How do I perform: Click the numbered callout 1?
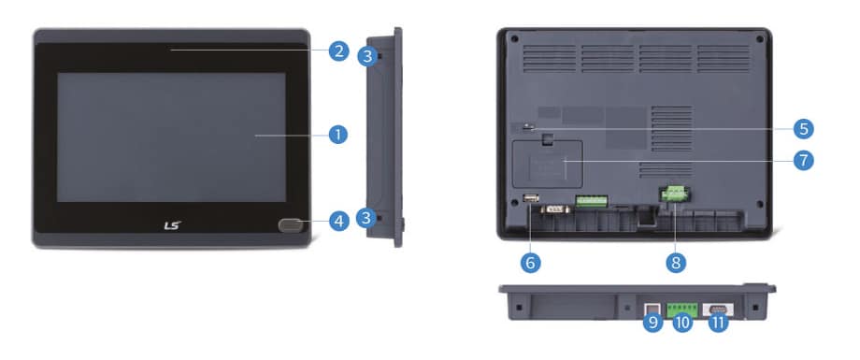(338, 134)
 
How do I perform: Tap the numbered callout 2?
(339, 51)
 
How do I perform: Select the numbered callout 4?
(339, 222)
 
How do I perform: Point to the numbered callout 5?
(804, 130)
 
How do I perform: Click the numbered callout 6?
(530, 263)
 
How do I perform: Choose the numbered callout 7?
(804, 160)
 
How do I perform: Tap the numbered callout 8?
(676, 263)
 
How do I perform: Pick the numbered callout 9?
(652, 323)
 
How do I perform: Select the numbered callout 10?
(682, 323)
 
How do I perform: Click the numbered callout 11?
(717, 323)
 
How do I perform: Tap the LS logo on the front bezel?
(172, 225)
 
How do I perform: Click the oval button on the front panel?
(290, 224)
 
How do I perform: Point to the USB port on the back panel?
(531, 197)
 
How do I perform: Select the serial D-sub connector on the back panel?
(554, 209)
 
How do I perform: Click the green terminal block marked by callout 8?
(675, 193)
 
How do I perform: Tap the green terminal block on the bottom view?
(682, 308)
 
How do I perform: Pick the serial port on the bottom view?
(718, 310)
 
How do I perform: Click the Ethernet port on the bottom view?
(652, 309)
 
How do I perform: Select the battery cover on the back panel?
(547, 164)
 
